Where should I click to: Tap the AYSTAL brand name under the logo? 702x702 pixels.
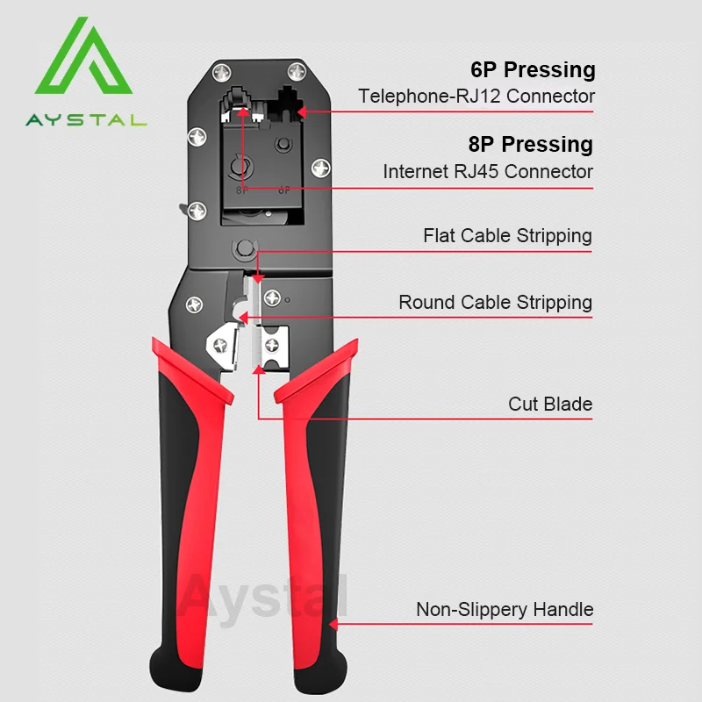point(86,119)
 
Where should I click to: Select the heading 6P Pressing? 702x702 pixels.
point(533,70)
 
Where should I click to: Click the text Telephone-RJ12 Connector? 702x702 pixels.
point(476,96)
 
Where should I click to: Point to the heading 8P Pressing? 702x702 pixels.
point(531,144)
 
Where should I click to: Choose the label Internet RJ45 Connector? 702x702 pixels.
point(488,171)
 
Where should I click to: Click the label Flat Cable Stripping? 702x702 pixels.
point(507,235)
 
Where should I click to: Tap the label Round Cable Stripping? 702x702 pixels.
point(495,302)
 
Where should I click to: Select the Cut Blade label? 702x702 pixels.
point(550,404)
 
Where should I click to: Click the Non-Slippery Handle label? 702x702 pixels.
point(505,609)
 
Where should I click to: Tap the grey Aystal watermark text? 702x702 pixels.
point(263,597)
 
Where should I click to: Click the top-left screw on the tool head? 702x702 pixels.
point(221,71)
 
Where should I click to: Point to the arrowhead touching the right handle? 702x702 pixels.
point(334,625)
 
